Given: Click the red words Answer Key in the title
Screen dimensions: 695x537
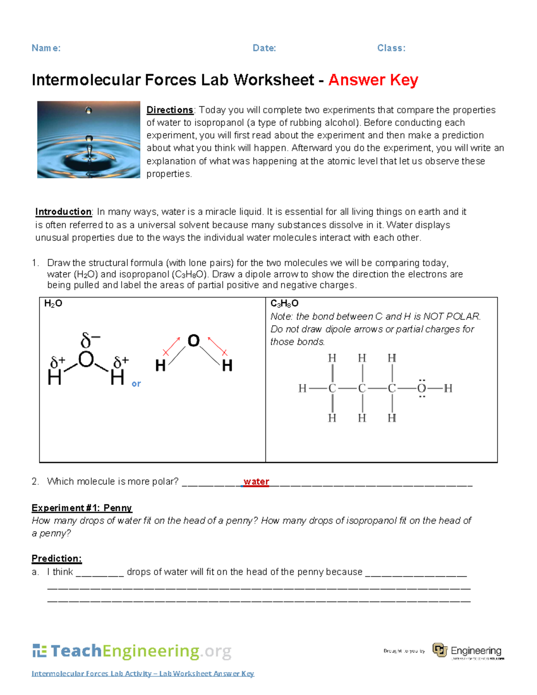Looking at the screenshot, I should [x=373, y=80].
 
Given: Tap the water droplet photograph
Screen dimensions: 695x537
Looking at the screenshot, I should [x=89, y=140].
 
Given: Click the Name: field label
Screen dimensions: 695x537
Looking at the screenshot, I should [x=46, y=48].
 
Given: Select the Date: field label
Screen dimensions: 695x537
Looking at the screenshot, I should [x=264, y=48].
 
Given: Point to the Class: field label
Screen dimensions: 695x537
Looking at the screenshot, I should [x=391, y=48].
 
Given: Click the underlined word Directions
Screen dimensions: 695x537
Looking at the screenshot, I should [x=170, y=110].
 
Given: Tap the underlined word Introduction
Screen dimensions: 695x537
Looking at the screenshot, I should [x=64, y=212].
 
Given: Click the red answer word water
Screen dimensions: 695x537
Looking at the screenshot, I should [x=256, y=482].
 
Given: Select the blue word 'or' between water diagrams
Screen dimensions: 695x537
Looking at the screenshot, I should [x=136, y=384].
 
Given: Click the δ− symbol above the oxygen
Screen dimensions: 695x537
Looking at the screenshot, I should [x=90, y=341].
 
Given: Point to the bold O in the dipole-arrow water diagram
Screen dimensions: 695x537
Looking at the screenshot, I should [x=193, y=341].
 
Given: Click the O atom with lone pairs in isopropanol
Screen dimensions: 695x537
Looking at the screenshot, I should [x=422, y=388].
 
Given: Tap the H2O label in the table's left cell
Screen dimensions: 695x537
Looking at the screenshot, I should [x=53, y=304].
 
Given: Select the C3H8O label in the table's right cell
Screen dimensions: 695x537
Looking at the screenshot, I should [x=284, y=304].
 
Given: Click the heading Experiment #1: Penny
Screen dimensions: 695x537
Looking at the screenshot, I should [x=82, y=508].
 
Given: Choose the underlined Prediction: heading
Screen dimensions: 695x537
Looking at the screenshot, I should [x=57, y=559].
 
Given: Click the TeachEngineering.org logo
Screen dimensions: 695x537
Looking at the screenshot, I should [x=132, y=651].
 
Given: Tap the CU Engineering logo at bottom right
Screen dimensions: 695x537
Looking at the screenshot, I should [x=468, y=651].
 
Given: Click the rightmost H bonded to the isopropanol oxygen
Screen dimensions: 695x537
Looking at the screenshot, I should [x=448, y=388].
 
